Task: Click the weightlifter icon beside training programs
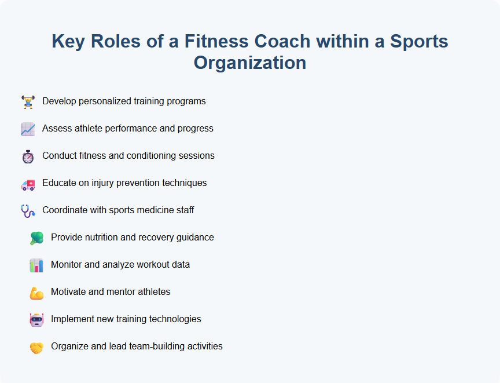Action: point(28,102)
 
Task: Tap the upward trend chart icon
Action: point(28,129)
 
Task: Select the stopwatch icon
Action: point(28,156)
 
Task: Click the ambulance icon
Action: point(28,184)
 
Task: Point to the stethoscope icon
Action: point(28,211)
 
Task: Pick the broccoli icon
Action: point(36,238)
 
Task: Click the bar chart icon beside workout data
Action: point(36,265)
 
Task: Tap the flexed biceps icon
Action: point(36,293)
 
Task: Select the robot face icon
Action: point(36,320)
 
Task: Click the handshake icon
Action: point(36,347)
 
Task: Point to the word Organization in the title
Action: point(250,62)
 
